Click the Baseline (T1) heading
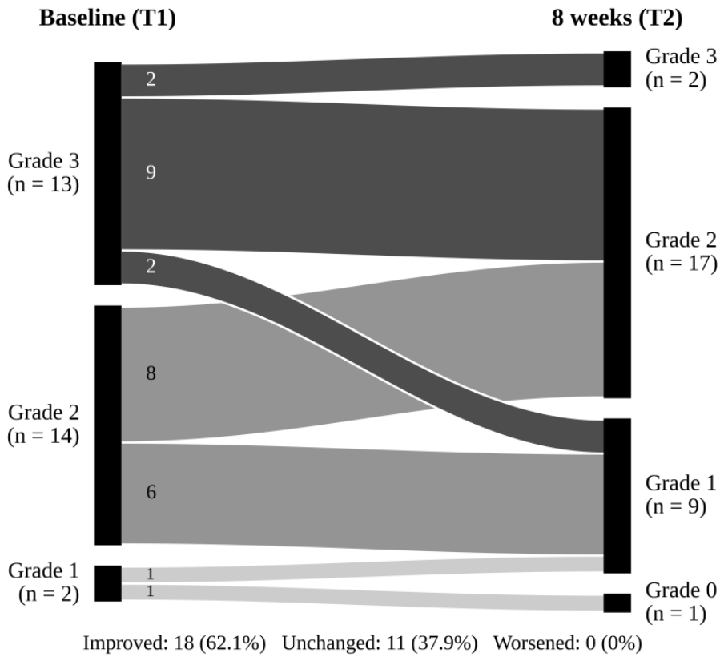(x=107, y=18)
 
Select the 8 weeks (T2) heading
(x=617, y=18)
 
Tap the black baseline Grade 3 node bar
(x=107, y=174)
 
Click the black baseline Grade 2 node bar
(x=107, y=425)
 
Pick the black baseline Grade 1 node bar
(x=107, y=583)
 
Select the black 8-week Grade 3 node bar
(x=617, y=69)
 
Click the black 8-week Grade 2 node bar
(x=617, y=252)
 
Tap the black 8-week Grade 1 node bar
(x=617, y=496)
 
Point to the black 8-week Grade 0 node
(x=617, y=603)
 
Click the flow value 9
(x=151, y=172)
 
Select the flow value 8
(x=151, y=373)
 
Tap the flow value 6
(x=151, y=492)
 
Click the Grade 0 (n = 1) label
(x=681, y=602)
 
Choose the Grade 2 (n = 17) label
(x=681, y=252)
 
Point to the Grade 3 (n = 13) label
(x=43, y=172)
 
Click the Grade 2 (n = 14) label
(x=43, y=424)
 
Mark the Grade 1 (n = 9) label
(x=681, y=494)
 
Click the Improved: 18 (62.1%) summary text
(x=175, y=643)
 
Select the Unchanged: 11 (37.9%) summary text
(x=380, y=643)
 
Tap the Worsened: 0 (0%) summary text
(x=568, y=643)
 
